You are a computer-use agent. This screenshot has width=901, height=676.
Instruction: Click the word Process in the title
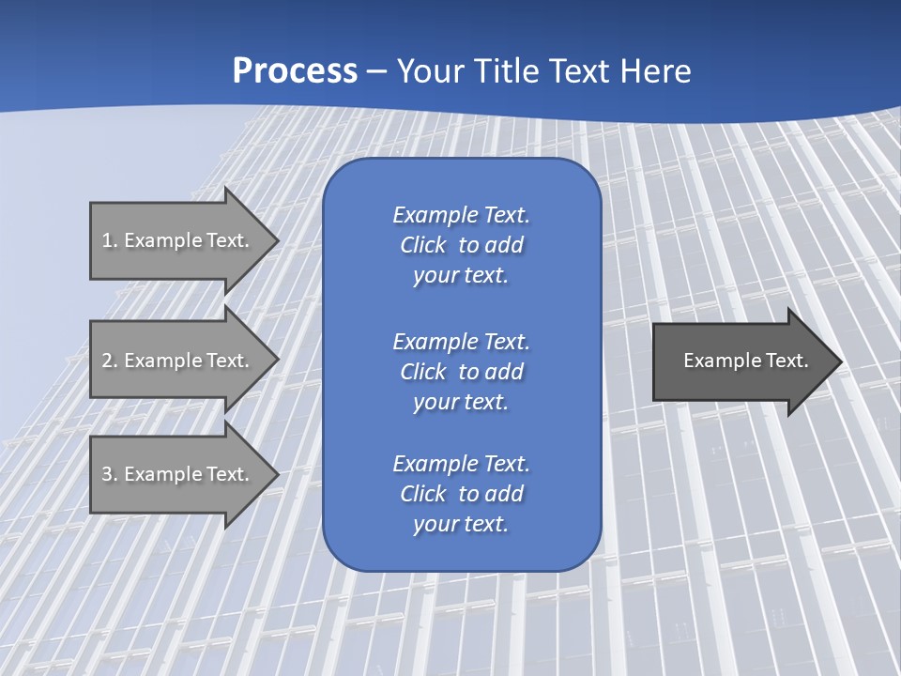pos(295,71)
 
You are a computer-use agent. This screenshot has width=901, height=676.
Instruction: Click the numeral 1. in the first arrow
pos(110,240)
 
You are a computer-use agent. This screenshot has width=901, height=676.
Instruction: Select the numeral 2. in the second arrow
pos(110,361)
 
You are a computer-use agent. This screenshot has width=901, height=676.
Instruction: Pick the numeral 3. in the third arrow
pos(110,474)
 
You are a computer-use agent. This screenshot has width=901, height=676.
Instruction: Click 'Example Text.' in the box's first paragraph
pos(461,215)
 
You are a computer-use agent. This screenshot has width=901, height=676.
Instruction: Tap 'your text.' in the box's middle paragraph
pos(461,402)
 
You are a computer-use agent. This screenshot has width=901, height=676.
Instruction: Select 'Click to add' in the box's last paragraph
pos(461,494)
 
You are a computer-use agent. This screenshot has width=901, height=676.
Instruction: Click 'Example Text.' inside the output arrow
pos(745,361)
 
